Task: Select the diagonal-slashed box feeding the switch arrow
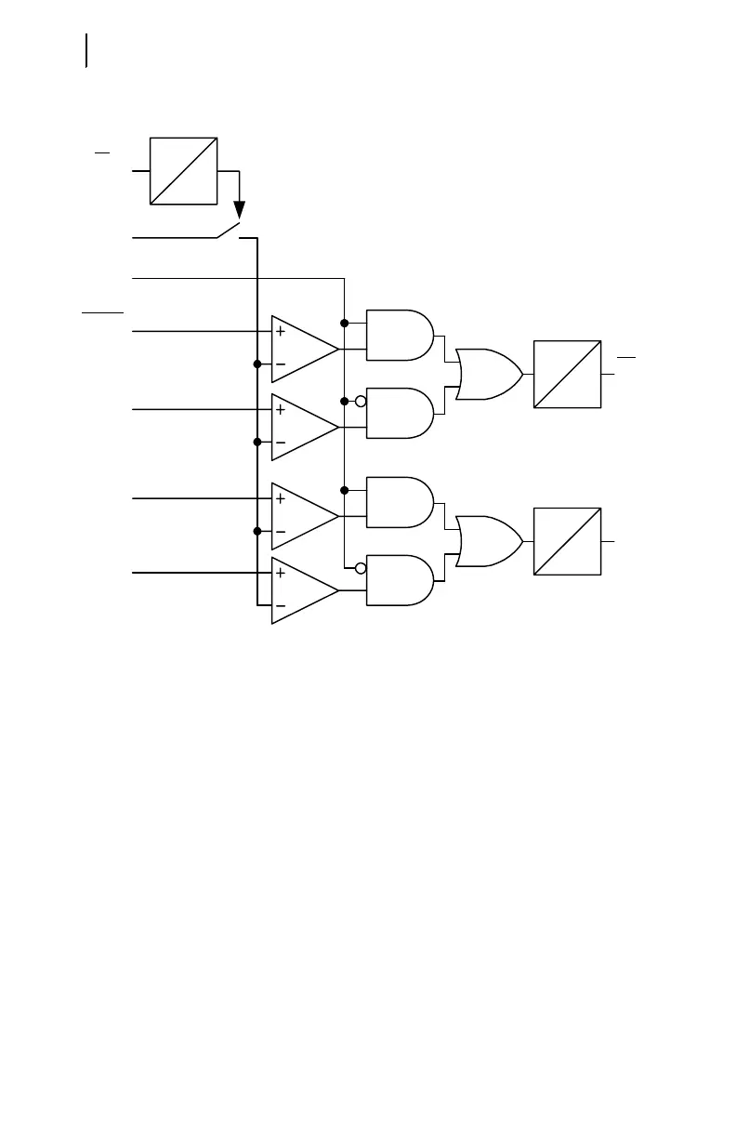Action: [x=183, y=171]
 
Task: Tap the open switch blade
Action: [x=230, y=231]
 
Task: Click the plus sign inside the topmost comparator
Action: [x=280, y=332]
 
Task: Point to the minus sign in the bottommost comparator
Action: [x=280, y=607]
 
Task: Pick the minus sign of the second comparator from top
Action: [x=280, y=443]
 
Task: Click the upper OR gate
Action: [x=488, y=374]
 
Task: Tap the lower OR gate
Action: [x=488, y=541]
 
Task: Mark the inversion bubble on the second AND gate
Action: [x=361, y=402]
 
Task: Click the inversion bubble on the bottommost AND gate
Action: [x=361, y=569]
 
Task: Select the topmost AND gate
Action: [x=400, y=335]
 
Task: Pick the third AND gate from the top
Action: [x=400, y=502]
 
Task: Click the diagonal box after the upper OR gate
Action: [x=567, y=374]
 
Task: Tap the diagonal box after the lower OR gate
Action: [x=567, y=541]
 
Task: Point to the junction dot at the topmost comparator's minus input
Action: [x=256, y=364]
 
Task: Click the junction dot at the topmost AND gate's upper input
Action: [x=345, y=323]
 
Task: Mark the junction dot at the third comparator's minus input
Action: [x=256, y=531]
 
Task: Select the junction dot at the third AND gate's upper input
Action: [x=345, y=490]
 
